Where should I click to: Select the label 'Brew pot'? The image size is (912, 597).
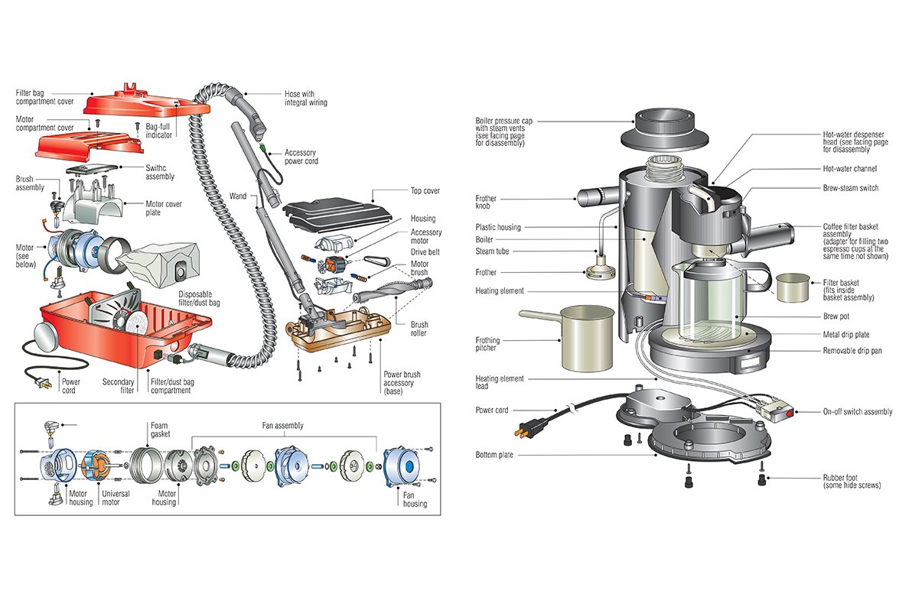click(x=837, y=316)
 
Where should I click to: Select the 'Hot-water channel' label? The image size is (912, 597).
click(x=849, y=169)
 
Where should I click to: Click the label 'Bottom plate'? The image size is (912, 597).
click(x=493, y=455)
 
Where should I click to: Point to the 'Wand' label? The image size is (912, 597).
click(x=238, y=196)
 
